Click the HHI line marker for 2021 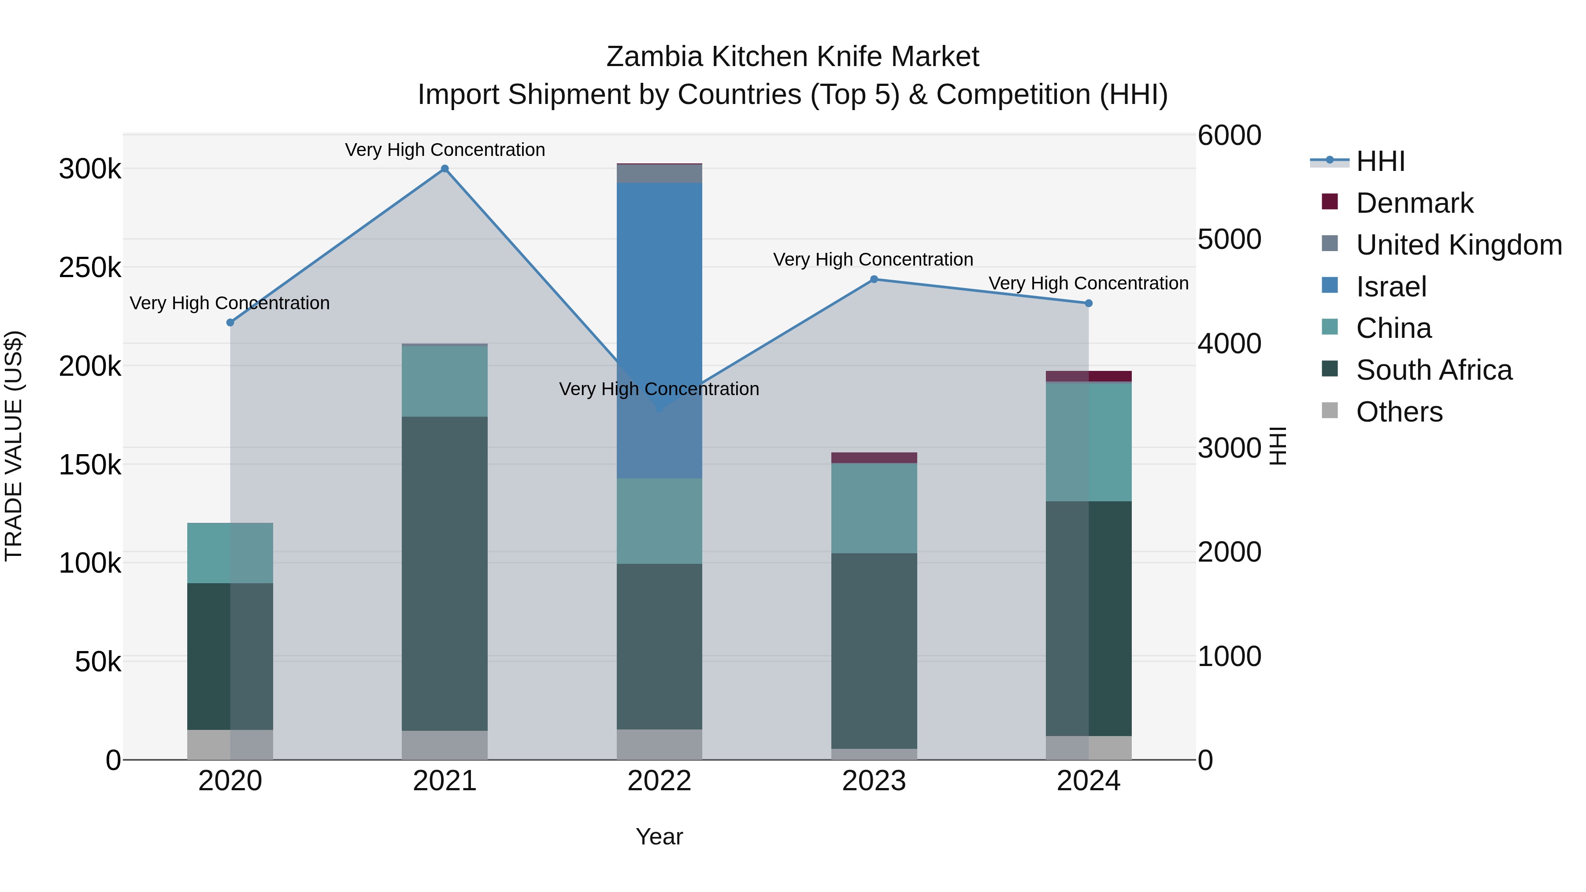tap(445, 169)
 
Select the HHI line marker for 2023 tap(874, 279)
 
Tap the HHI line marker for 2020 tap(230, 322)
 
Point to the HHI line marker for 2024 tap(1089, 304)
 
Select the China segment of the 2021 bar tap(445, 381)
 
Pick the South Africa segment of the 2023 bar tap(874, 651)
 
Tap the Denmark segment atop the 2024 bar tap(1089, 376)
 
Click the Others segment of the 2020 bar tap(230, 745)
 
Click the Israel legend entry tap(1391, 287)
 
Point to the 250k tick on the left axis tap(90, 268)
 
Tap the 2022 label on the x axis tap(660, 781)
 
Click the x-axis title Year tap(660, 836)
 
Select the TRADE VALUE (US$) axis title tap(14, 446)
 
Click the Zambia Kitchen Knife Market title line tap(793, 57)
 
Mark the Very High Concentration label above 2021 tap(445, 150)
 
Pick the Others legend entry tap(1399, 412)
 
